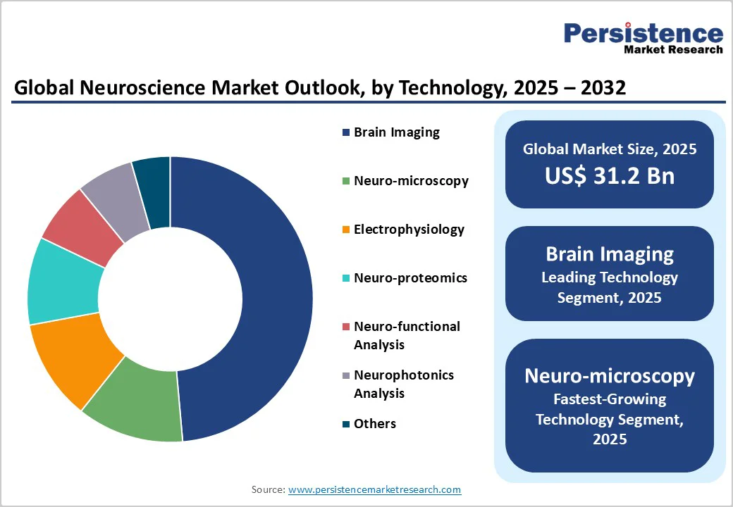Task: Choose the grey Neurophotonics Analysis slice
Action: [x=116, y=194]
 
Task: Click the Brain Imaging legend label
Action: [x=396, y=132]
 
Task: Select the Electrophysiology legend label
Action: [x=409, y=230]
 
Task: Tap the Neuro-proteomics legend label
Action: [x=410, y=278]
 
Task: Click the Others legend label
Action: [x=375, y=424]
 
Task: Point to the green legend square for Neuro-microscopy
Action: [x=345, y=182]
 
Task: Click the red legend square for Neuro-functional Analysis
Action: [x=345, y=327]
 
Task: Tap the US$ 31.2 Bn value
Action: [x=609, y=176]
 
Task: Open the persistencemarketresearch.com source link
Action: [x=374, y=489]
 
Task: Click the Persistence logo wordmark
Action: [x=643, y=33]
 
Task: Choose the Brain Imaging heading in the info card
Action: [x=609, y=254]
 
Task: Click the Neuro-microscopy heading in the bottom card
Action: [x=609, y=376]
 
